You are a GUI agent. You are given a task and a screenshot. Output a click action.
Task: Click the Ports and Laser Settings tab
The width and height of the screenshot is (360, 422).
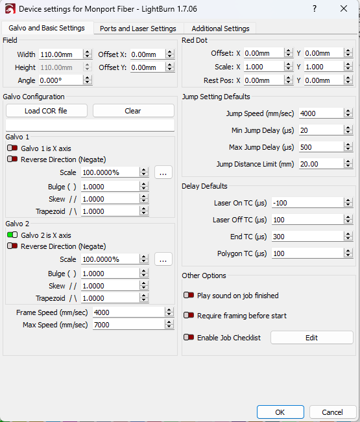138,29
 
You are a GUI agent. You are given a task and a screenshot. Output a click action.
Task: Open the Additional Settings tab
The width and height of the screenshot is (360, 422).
221,29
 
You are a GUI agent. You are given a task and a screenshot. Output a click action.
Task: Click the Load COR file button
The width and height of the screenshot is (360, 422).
47,111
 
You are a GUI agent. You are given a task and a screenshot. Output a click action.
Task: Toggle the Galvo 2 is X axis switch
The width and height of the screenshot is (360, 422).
12,235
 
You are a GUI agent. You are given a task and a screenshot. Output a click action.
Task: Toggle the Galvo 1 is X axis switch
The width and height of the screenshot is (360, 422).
12,148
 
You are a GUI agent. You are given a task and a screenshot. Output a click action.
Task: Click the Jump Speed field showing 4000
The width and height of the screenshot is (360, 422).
321,113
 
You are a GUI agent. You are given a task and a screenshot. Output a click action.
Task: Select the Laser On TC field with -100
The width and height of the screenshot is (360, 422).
307,203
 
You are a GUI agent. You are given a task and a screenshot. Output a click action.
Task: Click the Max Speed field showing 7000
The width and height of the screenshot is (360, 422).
128,325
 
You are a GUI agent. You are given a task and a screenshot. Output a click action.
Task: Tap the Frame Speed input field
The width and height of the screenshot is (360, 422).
128,312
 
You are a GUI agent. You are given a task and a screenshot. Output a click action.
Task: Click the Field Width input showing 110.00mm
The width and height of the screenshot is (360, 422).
60,54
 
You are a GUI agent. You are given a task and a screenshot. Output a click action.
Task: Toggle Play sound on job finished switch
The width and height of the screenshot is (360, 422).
189,295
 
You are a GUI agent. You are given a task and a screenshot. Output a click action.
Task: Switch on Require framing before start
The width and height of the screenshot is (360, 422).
189,315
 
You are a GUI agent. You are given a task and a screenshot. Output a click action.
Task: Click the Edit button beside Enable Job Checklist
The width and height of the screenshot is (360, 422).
312,338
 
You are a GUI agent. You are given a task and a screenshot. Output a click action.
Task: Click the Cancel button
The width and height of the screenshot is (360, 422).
333,412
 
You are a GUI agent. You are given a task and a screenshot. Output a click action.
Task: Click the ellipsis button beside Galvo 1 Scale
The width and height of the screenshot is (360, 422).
163,172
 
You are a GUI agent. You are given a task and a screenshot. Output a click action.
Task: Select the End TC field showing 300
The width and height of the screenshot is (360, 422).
307,237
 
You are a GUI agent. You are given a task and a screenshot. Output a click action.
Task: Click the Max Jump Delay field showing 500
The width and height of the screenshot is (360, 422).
321,148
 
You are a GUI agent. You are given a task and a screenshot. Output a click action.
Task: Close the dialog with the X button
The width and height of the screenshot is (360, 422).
344,8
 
